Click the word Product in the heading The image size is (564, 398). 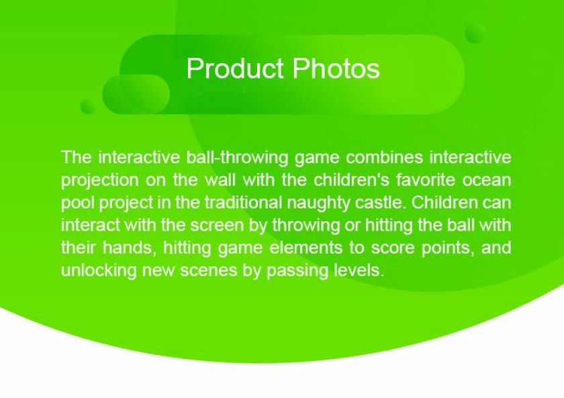point(234,69)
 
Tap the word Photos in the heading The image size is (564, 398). point(336,69)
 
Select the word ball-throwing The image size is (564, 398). point(237,158)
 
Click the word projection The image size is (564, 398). point(99,180)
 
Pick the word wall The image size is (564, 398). point(220,180)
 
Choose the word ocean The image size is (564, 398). point(487,180)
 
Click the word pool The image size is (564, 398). point(78,203)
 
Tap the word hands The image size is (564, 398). point(130,248)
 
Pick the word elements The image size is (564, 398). point(305,248)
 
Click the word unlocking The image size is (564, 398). point(99,270)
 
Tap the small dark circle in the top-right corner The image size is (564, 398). point(475,34)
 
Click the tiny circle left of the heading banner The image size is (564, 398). point(89,106)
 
